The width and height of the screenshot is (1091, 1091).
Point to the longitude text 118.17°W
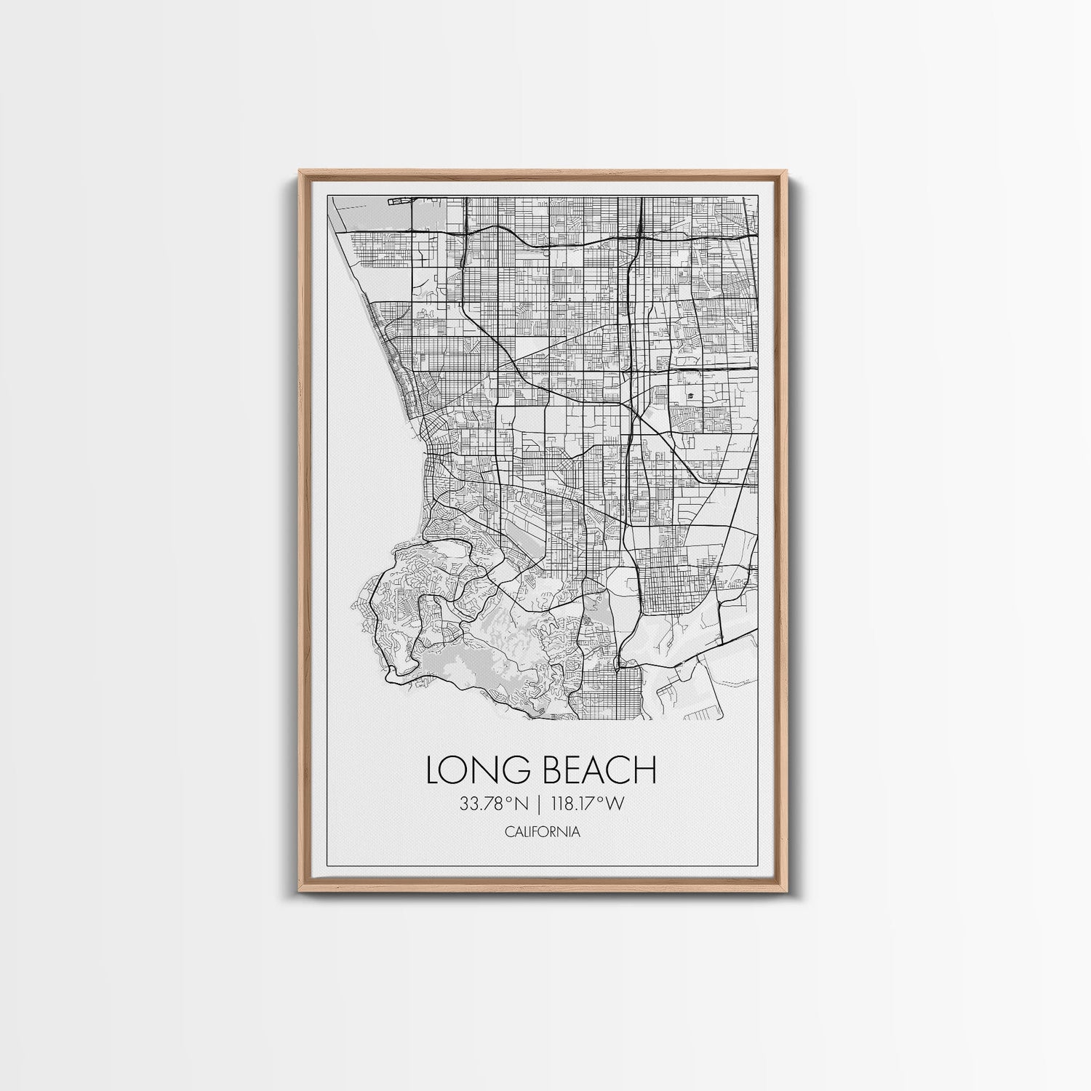(589, 804)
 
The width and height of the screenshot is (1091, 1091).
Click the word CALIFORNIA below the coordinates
(543, 832)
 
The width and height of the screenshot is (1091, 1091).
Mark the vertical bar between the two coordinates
(540, 804)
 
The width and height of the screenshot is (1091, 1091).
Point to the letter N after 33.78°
(518, 804)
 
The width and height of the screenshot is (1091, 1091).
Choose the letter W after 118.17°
(618, 804)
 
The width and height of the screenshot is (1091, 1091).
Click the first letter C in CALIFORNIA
(508, 832)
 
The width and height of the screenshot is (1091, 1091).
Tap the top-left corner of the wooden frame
(300, 172)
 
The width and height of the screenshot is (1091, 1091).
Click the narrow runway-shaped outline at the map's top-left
(399, 199)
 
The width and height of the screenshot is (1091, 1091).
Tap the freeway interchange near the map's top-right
(639, 234)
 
